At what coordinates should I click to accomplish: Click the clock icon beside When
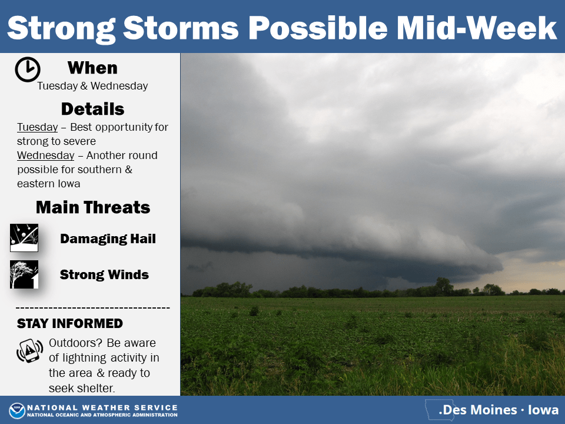click(28, 69)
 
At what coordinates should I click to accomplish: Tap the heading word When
click(92, 68)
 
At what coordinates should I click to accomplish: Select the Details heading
click(92, 109)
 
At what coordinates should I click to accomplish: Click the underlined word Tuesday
click(38, 127)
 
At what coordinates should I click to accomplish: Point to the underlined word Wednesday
click(46, 155)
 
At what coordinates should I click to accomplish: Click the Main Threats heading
click(93, 207)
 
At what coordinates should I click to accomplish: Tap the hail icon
click(24, 237)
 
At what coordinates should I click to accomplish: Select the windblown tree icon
click(24, 274)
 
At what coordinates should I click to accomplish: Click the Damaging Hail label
click(108, 238)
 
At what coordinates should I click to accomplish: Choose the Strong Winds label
click(104, 275)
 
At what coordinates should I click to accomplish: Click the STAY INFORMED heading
click(70, 323)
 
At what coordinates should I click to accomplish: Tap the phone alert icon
click(29, 350)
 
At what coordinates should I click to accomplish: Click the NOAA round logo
click(17, 410)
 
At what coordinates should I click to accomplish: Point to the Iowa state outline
click(440, 410)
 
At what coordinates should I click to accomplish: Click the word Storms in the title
click(181, 28)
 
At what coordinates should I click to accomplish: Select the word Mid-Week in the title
click(477, 28)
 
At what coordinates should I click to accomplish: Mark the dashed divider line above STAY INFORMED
click(92, 308)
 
